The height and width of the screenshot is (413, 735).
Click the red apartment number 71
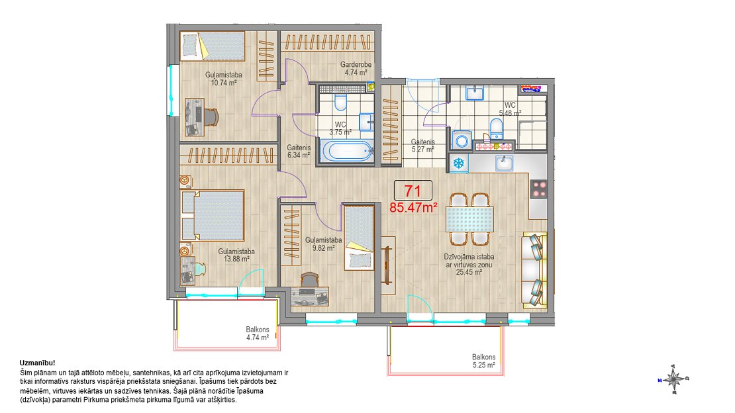(412, 191)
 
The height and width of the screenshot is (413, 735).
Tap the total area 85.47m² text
(413, 207)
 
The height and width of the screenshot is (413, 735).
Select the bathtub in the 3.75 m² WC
(348, 152)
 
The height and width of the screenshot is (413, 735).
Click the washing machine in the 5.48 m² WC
(462, 140)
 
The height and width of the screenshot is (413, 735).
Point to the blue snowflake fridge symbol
(458, 163)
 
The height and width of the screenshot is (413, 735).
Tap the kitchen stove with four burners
(538, 189)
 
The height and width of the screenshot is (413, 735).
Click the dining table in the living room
(469, 219)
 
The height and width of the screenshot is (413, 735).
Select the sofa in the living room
(535, 270)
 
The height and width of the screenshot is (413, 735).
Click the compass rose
(673, 379)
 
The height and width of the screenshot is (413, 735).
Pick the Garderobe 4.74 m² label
(356, 68)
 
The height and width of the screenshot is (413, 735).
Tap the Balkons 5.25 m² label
(484, 361)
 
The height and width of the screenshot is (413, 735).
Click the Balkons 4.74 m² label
(258, 334)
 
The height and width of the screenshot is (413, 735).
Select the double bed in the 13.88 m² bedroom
(213, 215)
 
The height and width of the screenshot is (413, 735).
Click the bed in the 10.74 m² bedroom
(213, 46)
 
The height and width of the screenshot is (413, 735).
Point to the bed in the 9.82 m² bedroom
(359, 238)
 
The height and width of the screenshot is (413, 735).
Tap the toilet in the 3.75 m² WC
(341, 102)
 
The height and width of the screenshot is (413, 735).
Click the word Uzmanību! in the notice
(38, 363)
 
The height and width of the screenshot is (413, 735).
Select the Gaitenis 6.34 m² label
(299, 151)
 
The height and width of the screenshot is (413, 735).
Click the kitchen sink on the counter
(505, 163)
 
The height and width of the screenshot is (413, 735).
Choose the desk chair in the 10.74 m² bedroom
(211, 117)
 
